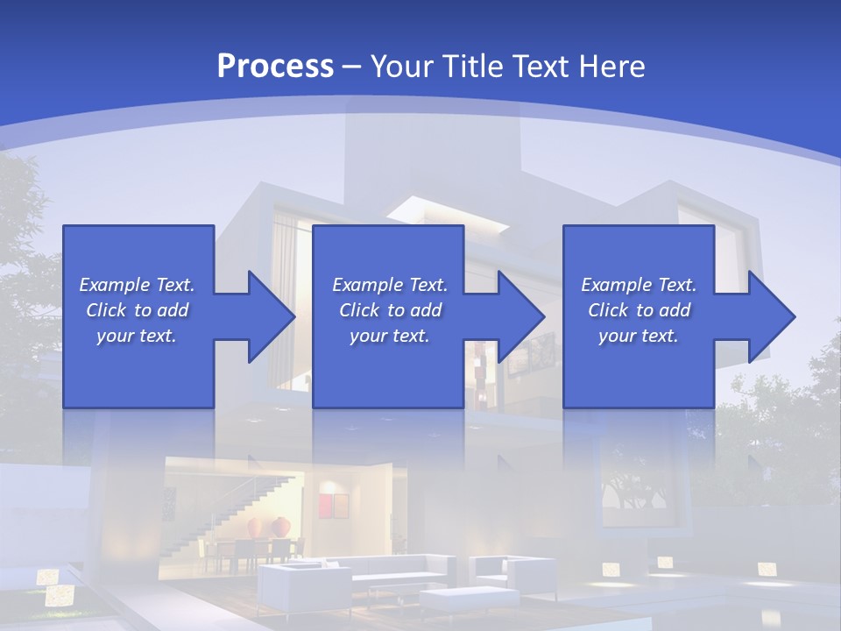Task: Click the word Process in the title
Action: pyautogui.click(x=275, y=66)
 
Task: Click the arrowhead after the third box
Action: pyautogui.click(x=770, y=316)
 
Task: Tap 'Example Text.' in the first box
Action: pyautogui.click(x=137, y=285)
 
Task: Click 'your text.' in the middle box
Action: pyautogui.click(x=389, y=336)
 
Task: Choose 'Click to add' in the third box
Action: pyautogui.click(x=639, y=310)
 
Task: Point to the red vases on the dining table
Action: pyautogui.click(x=269, y=527)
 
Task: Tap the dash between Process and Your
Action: pyautogui.click(x=352, y=66)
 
